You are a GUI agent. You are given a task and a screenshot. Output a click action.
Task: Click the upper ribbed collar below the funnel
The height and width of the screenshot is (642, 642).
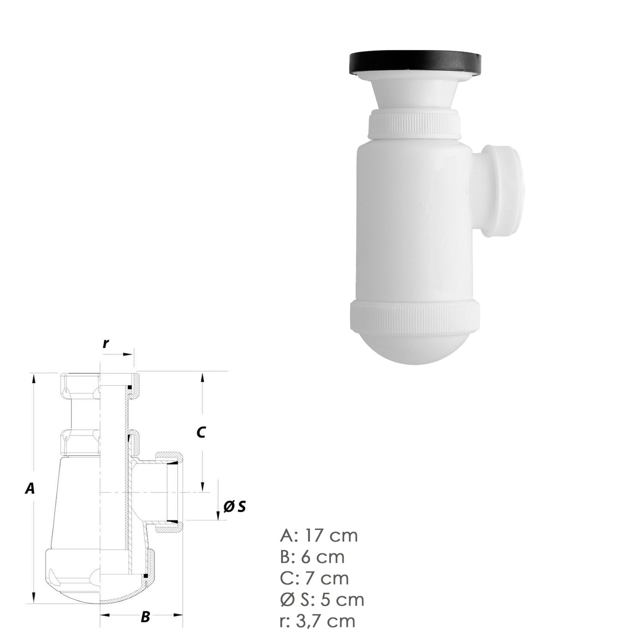pyautogui.click(x=414, y=126)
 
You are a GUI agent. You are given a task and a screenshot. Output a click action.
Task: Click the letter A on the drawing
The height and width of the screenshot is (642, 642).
pyautogui.click(x=29, y=489)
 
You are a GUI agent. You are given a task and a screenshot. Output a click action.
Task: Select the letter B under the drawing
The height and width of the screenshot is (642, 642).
pyautogui.click(x=145, y=618)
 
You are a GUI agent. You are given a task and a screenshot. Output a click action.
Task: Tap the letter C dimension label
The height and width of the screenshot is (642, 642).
pyautogui.click(x=201, y=432)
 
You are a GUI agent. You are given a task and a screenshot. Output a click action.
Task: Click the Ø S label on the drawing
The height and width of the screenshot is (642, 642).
pyautogui.click(x=234, y=506)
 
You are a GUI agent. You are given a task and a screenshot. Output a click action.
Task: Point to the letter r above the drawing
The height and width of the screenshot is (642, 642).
pyautogui.click(x=106, y=343)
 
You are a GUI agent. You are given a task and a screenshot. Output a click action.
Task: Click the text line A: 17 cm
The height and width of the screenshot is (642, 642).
pyautogui.click(x=319, y=535)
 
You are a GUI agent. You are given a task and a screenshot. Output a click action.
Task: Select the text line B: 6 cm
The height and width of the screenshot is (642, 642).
pyautogui.click(x=312, y=557)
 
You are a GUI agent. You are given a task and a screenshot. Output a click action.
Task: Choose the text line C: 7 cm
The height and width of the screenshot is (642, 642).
pyautogui.click(x=314, y=578)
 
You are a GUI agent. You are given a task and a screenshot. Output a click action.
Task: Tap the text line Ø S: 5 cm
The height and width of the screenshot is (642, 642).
pyautogui.click(x=322, y=599)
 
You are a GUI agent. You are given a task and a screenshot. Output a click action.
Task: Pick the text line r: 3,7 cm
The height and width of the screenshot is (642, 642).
pyautogui.click(x=318, y=621)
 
